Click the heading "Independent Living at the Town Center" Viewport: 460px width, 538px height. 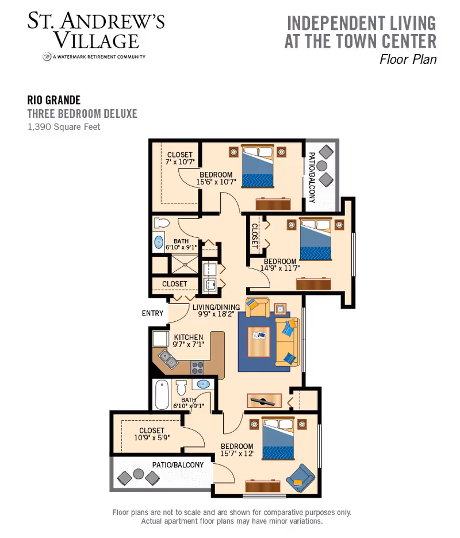(361, 32)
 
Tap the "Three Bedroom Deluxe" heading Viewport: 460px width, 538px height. (82, 114)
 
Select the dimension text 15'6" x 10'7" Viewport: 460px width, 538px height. (216, 182)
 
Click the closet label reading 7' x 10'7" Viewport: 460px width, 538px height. (179, 162)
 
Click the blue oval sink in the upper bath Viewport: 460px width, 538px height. (159, 243)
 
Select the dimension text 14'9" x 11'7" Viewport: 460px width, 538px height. (280, 268)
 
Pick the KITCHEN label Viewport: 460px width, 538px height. (188, 337)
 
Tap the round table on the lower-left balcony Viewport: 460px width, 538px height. (138, 474)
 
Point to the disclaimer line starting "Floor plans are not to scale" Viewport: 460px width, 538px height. (232, 512)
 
